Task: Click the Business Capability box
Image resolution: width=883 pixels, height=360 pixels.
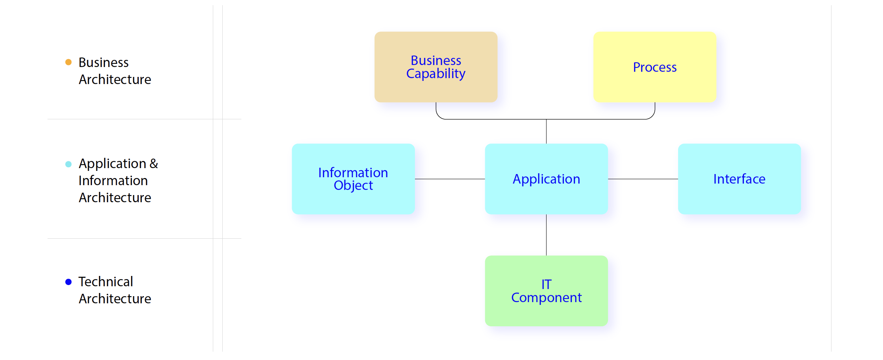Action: pos(436,67)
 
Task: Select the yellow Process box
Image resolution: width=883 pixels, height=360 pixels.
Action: pos(655,67)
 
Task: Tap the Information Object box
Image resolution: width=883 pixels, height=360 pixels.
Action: pos(353,179)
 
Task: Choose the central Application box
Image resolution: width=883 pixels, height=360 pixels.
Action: pos(546,179)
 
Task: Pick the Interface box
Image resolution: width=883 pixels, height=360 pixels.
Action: pos(739,179)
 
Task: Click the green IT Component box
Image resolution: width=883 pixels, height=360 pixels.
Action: pos(546,291)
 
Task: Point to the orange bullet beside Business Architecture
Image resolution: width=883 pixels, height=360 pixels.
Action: pos(68,62)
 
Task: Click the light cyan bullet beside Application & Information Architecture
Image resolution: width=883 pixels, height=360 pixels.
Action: pos(68,164)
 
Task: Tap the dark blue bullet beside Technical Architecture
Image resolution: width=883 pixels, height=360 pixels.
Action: pos(68,282)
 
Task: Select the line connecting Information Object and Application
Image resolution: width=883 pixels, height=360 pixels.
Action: pos(450,179)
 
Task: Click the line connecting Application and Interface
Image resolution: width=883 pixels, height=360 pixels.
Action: pos(643,179)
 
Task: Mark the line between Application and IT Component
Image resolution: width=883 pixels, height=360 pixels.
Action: pos(546,235)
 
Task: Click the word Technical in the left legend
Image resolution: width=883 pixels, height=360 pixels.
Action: pos(105,281)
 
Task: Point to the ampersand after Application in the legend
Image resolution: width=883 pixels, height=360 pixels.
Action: pos(154,163)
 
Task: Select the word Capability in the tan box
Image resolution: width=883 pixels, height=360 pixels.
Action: pos(436,74)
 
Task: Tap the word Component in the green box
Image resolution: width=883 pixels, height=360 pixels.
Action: pos(547,298)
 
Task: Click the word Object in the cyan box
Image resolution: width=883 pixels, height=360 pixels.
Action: pos(353,186)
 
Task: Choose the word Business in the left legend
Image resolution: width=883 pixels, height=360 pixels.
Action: pos(103,62)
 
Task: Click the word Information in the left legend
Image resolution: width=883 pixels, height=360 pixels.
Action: pos(113,180)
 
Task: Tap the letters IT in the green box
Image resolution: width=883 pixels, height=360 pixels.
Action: pos(547,284)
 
